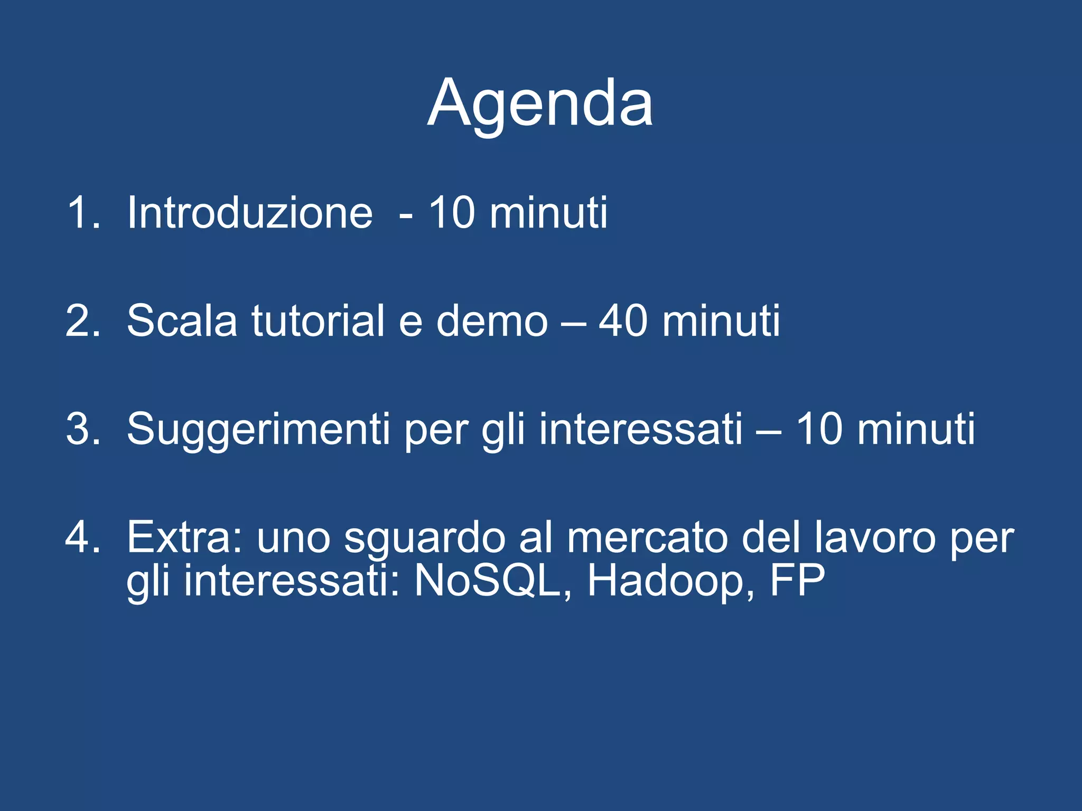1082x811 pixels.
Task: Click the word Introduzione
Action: point(250,213)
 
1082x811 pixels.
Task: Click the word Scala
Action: point(182,321)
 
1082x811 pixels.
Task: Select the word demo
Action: point(492,321)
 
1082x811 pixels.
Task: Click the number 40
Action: point(623,321)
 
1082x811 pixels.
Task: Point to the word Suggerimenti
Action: point(258,430)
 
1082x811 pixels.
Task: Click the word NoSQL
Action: point(487,581)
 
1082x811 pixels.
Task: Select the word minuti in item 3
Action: point(916,429)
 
